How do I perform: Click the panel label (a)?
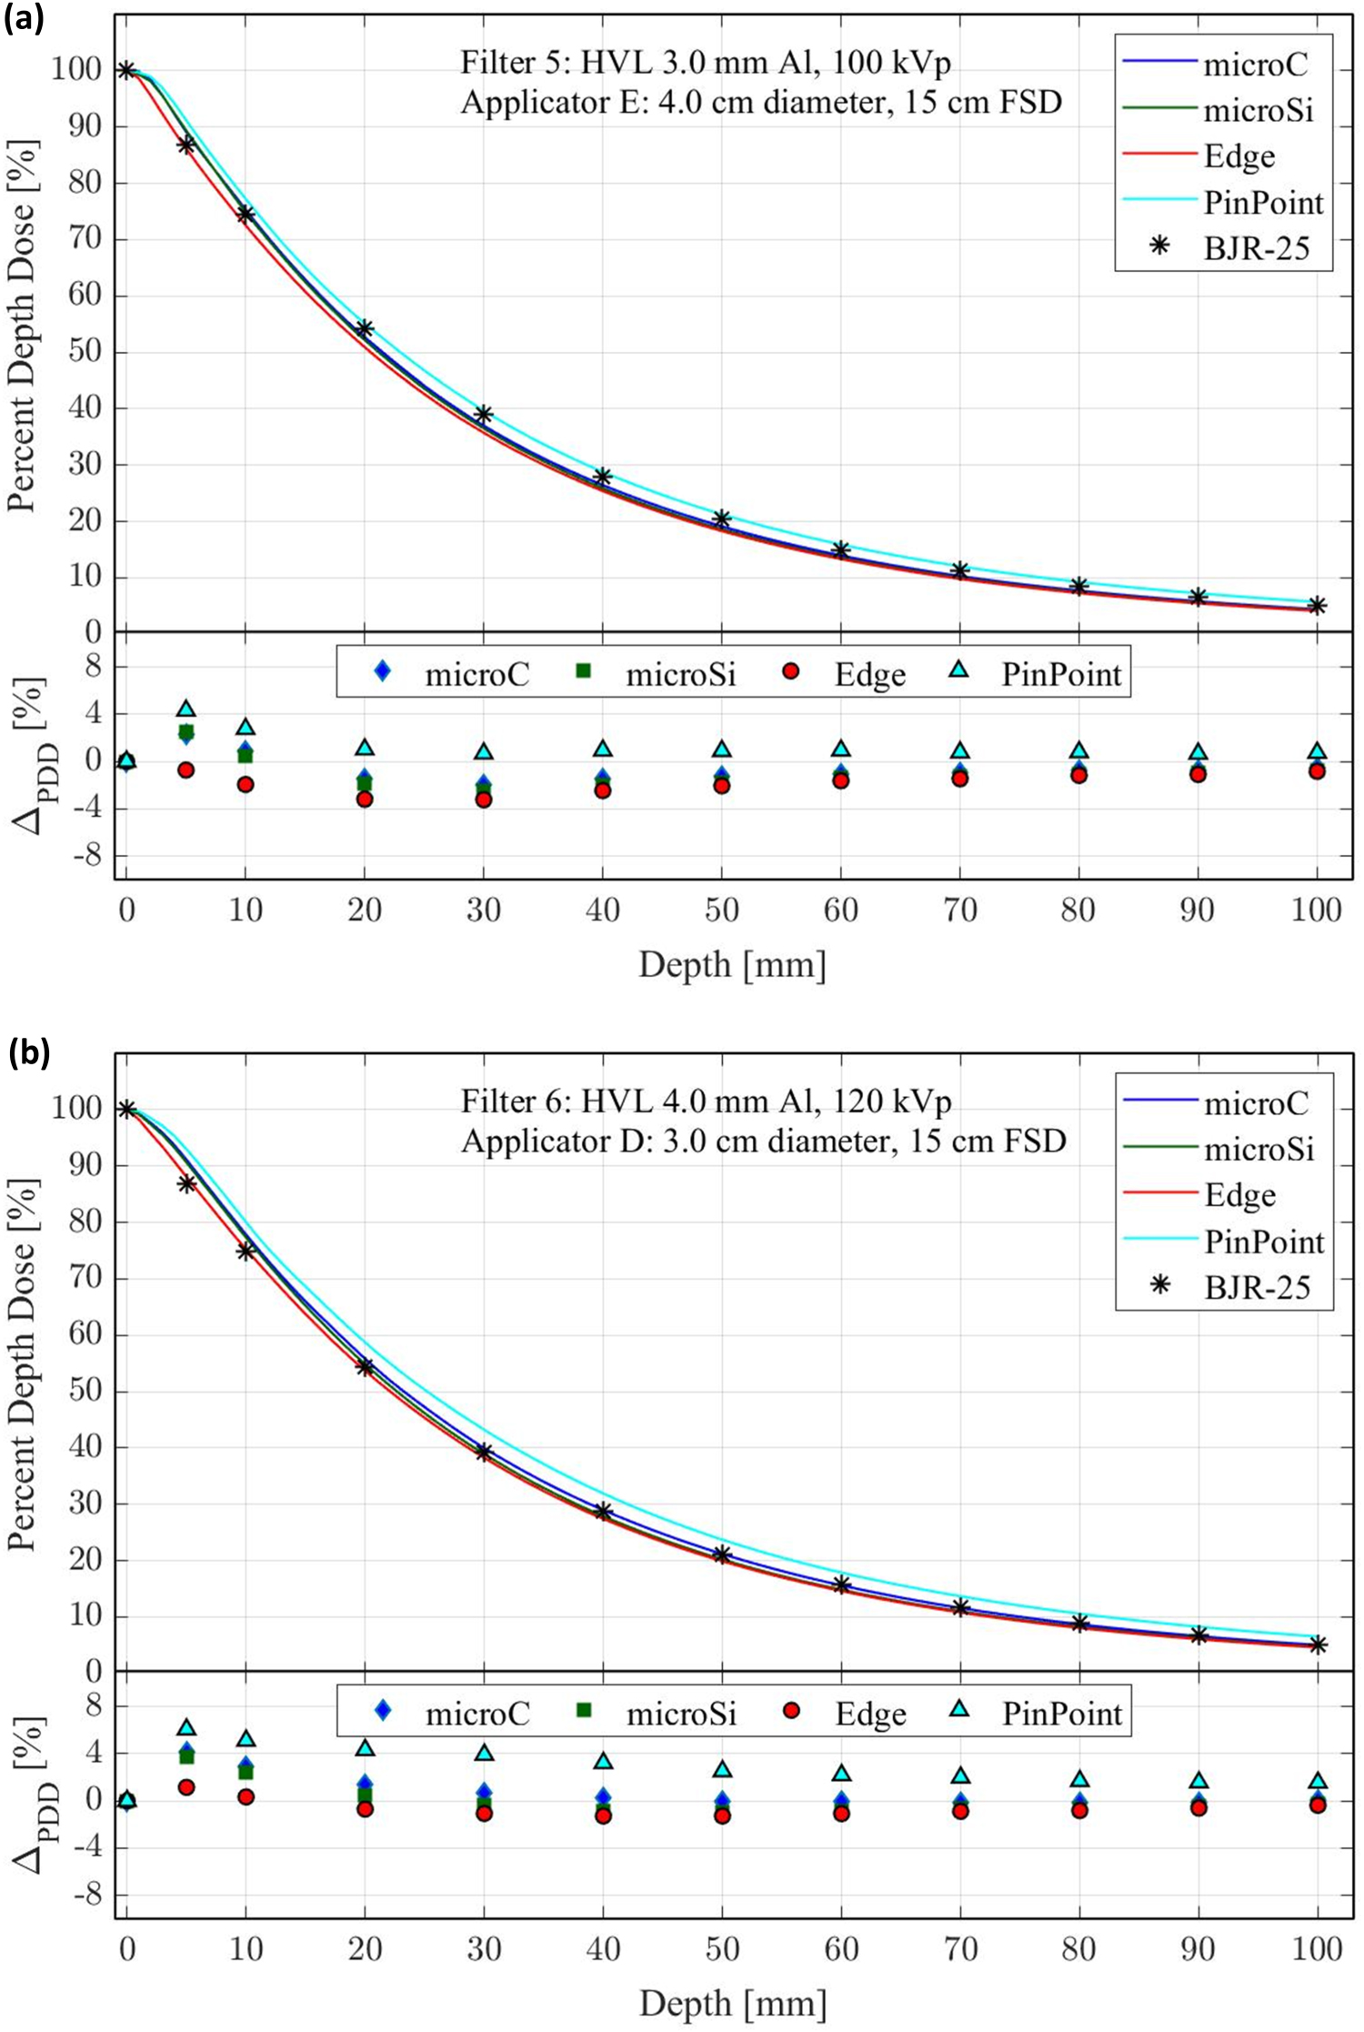pos(25,18)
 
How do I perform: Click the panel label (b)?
pos(28,1052)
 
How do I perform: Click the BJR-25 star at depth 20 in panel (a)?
pos(365,328)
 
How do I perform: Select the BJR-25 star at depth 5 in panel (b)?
pos(186,1183)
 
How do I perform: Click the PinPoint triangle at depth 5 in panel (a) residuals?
pos(186,708)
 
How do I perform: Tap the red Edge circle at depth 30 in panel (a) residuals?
pos(484,800)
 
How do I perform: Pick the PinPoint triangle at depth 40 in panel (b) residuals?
pos(603,1761)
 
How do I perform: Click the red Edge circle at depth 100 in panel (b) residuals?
pos(1317,1804)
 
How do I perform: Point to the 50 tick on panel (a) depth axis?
pos(721,910)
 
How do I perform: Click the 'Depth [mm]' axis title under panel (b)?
pos(733,2003)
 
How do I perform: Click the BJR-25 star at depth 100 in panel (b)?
pos(1317,1645)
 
